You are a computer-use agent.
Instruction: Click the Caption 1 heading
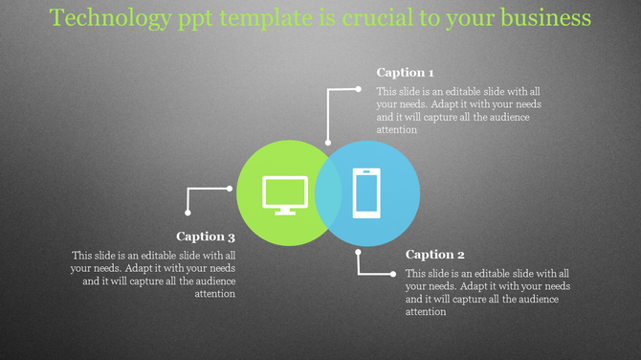click(406, 73)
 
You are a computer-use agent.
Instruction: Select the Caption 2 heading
click(435, 255)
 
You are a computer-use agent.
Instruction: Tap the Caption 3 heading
click(206, 236)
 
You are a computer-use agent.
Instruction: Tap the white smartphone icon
click(366, 192)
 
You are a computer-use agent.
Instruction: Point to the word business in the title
click(542, 18)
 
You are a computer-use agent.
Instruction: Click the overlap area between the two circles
click(328, 192)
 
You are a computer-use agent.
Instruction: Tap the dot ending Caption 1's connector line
click(359, 89)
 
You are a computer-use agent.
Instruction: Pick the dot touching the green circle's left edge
click(231, 189)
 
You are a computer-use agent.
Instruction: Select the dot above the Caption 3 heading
click(188, 214)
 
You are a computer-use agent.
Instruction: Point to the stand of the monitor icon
click(284, 210)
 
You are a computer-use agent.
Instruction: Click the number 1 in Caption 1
click(431, 73)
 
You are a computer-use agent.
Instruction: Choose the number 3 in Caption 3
click(232, 236)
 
